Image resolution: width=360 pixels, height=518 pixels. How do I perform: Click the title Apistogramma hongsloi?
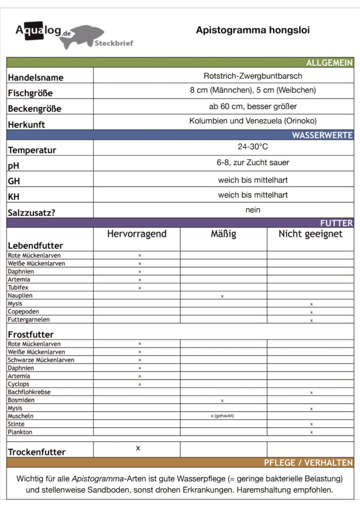click(x=253, y=30)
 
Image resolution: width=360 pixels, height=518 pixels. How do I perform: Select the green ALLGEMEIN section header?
click(x=329, y=63)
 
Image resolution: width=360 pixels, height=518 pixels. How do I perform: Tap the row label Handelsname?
click(x=35, y=77)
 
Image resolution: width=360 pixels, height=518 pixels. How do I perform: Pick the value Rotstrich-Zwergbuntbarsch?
click(x=253, y=76)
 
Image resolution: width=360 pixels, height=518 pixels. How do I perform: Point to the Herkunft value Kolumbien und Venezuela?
click(x=253, y=121)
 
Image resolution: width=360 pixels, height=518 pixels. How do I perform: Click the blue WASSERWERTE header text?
click(x=322, y=136)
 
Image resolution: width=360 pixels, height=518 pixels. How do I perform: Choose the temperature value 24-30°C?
click(x=253, y=147)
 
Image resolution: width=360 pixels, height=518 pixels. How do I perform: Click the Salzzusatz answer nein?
click(x=253, y=209)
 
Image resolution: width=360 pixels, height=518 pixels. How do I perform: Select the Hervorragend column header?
click(x=137, y=234)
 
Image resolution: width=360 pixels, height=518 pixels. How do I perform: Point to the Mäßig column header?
click(x=223, y=234)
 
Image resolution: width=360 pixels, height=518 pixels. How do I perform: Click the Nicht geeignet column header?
click(x=310, y=234)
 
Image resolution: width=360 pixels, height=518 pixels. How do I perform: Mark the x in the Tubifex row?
click(x=140, y=288)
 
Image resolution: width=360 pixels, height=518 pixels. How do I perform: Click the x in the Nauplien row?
click(x=222, y=296)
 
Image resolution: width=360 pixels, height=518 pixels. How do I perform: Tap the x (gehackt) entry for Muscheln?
click(x=222, y=416)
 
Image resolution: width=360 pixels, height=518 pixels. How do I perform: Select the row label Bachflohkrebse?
click(x=29, y=392)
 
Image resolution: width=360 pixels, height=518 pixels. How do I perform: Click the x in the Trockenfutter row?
click(x=138, y=448)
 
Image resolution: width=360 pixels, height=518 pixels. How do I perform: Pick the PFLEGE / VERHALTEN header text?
click(x=308, y=463)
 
